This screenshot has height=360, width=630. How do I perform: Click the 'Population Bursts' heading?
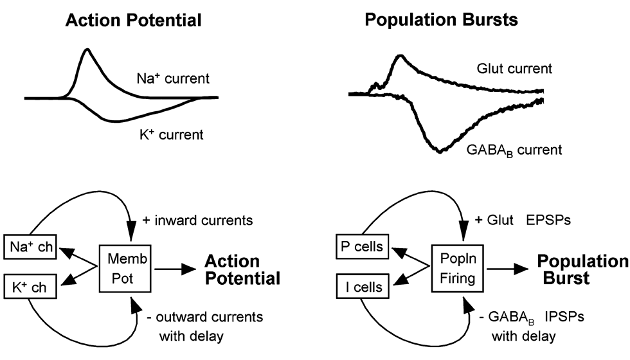point(442,20)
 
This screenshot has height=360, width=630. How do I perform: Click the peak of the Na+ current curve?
point(87,50)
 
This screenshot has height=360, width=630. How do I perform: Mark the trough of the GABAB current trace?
point(439,151)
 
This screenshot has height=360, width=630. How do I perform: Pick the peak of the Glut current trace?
point(399,57)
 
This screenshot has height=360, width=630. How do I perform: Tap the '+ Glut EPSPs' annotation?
point(527,221)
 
